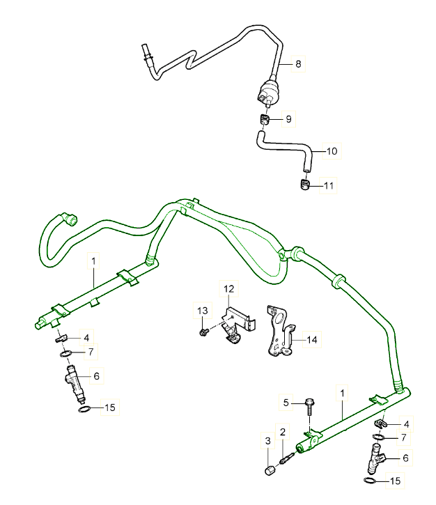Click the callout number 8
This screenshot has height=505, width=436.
tap(298, 64)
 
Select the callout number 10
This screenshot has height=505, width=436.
tap(332, 150)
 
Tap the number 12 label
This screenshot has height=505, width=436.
tap(230, 287)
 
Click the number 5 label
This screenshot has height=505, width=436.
tap(286, 402)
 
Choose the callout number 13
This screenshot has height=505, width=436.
tap(203, 310)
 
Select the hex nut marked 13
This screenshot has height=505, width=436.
tap(202, 332)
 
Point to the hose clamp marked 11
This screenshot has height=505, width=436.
tap(304, 185)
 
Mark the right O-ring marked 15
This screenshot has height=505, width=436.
tap(371, 481)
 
